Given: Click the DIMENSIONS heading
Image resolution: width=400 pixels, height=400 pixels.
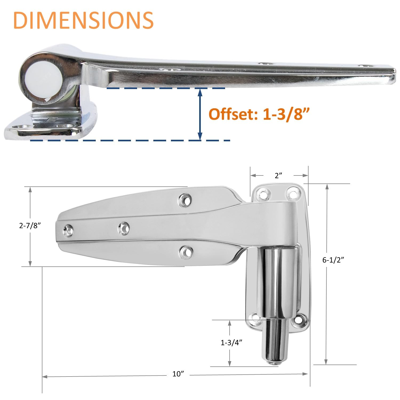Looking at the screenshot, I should tap(83, 20).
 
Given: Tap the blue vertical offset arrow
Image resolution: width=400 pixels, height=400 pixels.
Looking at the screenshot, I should tap(200, 115).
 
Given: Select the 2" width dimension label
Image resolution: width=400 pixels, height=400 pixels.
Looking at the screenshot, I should tap(278, 175).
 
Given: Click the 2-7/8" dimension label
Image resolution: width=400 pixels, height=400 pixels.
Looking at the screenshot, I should tap(30, 226).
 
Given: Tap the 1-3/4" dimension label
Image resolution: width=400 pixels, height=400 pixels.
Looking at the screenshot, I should tap(231, 343).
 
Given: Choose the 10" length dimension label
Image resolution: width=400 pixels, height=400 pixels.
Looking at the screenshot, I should tap(178, 374).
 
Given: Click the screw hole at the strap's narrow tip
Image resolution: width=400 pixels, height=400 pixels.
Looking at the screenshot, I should tap(68, 230).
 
